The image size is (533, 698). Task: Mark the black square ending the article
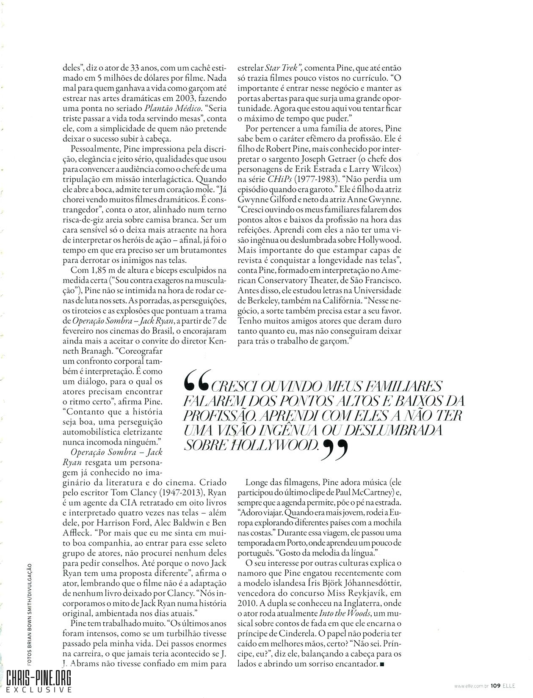(383, 655)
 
